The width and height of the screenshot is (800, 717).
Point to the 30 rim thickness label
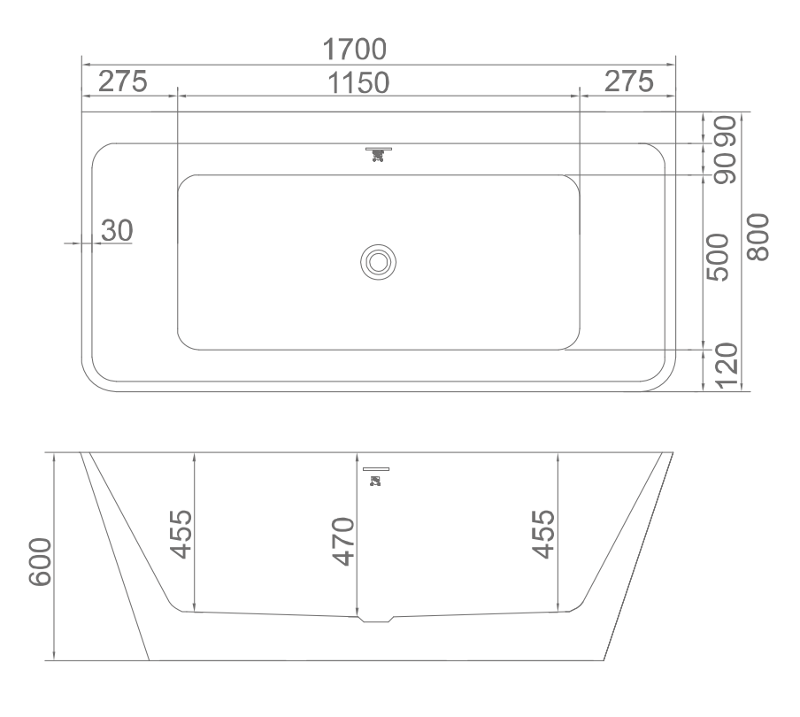[116, 230]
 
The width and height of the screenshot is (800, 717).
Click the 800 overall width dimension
[758, 237]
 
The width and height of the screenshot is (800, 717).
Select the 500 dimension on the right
[718, 258]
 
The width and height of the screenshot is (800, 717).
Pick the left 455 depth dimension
[181, 534]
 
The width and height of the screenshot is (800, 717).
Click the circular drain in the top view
[378, 262]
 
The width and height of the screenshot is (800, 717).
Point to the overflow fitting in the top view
[379, 153]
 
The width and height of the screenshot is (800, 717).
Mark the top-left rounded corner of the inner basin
[187, 183]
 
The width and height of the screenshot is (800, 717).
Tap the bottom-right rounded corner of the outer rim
[659, 377]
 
